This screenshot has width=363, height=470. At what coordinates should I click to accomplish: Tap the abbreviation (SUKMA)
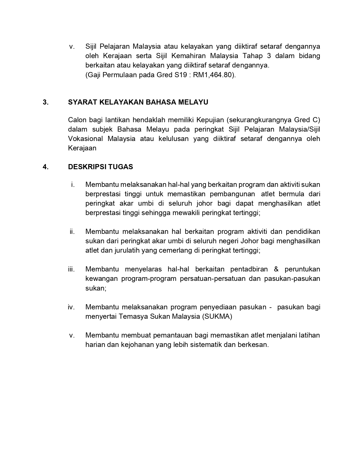pyautogui.click(x=217, y=316)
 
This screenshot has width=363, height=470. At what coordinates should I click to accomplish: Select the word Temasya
pyautogui.click(x=134, y=316)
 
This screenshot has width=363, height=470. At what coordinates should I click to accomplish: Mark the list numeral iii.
pyautogui.click(x=71, y=269)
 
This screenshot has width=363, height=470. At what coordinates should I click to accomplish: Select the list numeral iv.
pyautogui.click(x=71, y=307)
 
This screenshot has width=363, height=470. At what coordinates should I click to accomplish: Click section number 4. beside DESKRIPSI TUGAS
pyautogui.click(x=45, y=167)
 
